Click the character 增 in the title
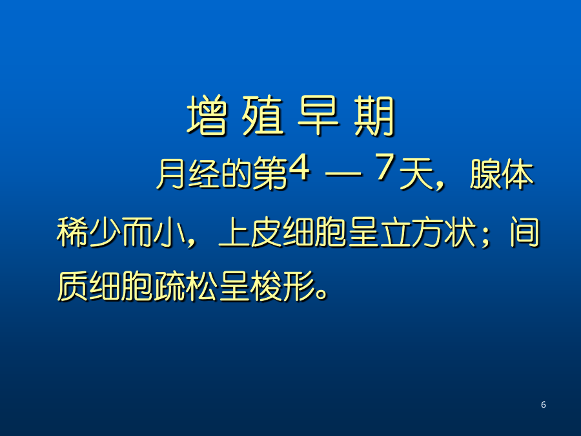(x=207, y=116)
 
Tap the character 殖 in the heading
(x=263, y=116)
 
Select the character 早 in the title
(x=318, y=116)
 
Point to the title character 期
(x=374, y=116)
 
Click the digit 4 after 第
(x=299, y=168)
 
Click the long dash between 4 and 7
(x=343, y=173)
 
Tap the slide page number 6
(x=543, y=404)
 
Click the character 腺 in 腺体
(x=485, y=174)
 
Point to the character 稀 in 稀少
(x=72, y=232)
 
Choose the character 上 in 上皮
(x=234, y=232)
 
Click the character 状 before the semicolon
(x=460, y=232)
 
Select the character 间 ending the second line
(x=524, y=232)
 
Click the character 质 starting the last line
(x=72, y=286)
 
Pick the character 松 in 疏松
(x=201, y=286)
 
